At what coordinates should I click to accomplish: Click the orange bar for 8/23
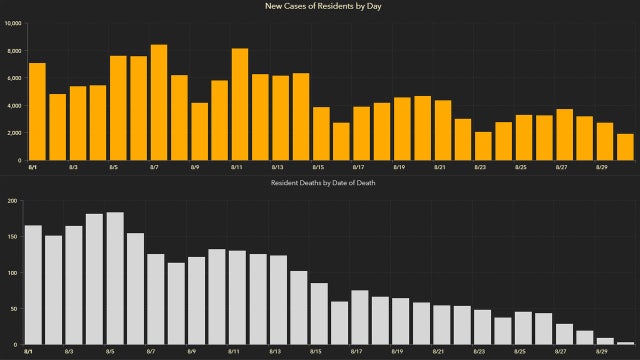point(483,146)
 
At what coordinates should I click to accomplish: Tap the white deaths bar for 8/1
point(33,285)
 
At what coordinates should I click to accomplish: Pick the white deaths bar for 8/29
point(605,341)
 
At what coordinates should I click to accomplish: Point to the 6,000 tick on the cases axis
point(13,78)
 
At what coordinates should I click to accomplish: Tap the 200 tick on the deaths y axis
point(14,200)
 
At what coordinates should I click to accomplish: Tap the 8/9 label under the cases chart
point(193,168)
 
